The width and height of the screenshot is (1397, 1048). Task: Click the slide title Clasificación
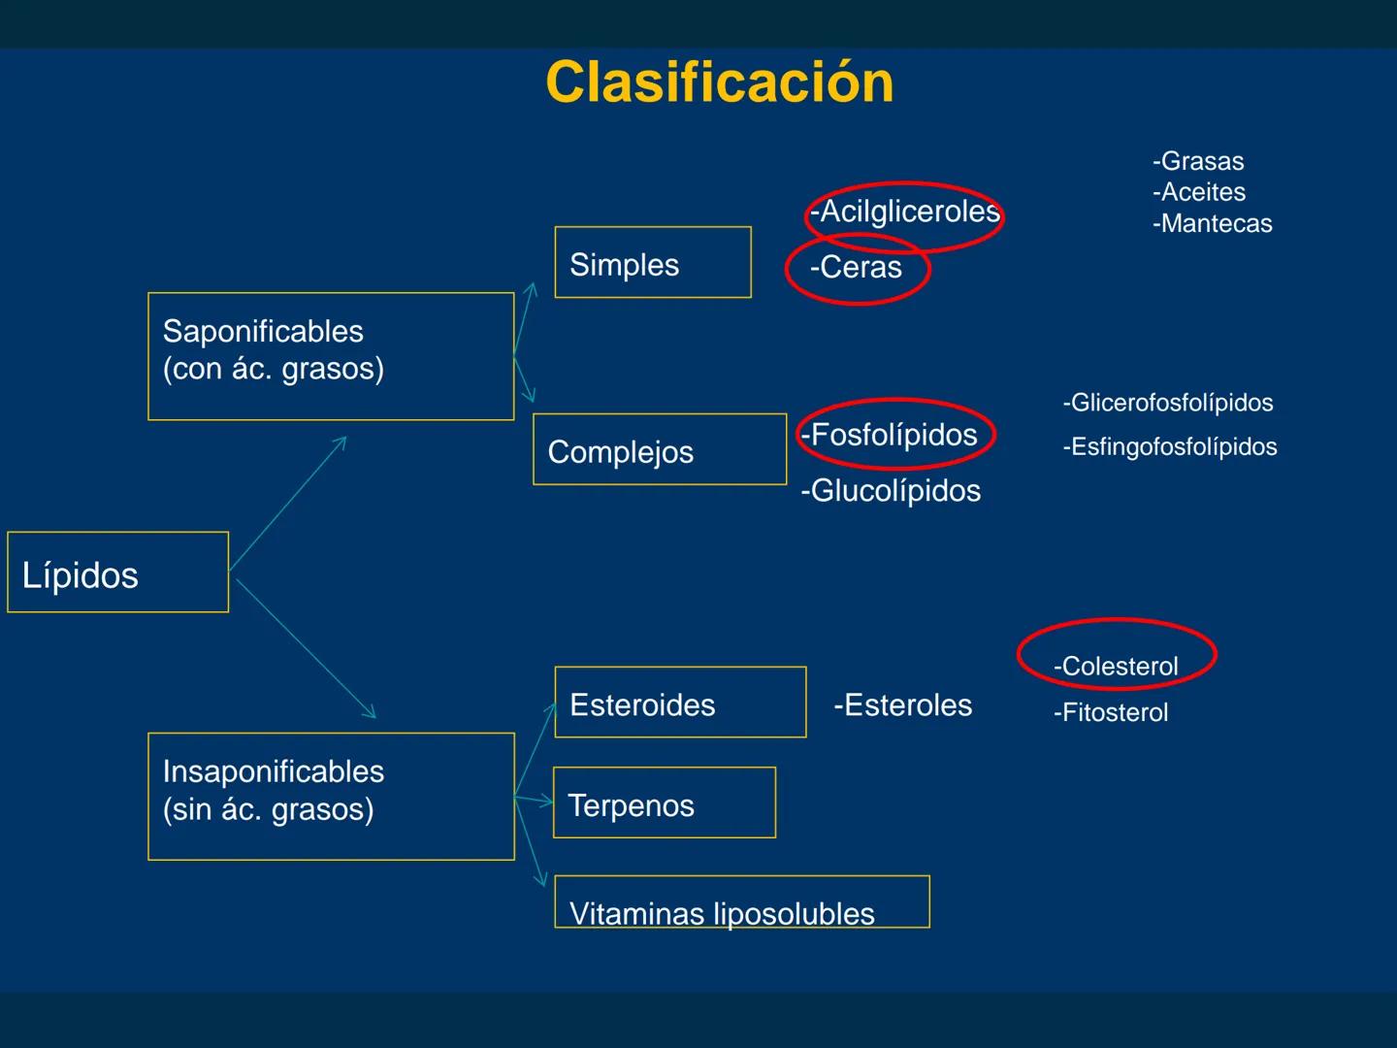point(719,82)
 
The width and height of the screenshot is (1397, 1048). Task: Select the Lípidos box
point(117,573)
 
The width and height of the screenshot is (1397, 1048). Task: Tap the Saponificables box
point(331,356)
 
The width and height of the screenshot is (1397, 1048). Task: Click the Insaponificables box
point(331,796)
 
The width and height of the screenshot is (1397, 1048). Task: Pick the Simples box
point(652,263)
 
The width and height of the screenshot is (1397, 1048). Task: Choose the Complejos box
point(659,449)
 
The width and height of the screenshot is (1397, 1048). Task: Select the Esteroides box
point(680,703)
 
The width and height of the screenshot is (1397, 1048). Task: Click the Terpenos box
point(664,802)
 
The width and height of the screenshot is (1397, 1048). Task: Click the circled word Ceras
point(857,268)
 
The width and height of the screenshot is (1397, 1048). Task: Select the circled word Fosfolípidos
point(893,435)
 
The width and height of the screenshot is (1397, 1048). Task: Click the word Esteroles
point(902,705)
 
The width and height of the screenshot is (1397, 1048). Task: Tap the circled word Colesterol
point(1116,666)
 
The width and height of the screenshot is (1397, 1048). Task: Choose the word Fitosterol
point(1111,712)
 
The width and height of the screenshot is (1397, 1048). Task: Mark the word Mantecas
point(1212,224)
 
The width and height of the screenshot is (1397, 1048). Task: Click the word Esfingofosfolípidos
point(1169,447)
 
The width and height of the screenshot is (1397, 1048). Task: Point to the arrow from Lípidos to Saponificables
point(288,503)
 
